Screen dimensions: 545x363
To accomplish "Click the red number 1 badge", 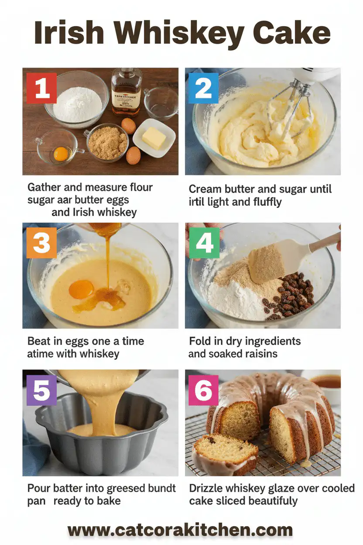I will coord(42,88).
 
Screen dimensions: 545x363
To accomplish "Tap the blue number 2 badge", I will coord(203,88).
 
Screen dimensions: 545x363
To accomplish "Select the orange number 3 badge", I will coord(42,243).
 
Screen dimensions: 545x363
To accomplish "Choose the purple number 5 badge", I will coord(42,390).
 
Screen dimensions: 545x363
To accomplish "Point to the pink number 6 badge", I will coord(203,390).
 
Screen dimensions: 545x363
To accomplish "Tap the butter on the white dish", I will coord(154,138).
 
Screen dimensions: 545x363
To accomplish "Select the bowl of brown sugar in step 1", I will coord(107,143).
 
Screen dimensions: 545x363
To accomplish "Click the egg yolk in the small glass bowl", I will coord(61,153).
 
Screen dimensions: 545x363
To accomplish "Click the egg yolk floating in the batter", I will coord(82,289).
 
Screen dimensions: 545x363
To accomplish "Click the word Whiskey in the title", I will coord(181,34).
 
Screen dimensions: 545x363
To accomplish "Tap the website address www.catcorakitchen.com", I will coord(181,530).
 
